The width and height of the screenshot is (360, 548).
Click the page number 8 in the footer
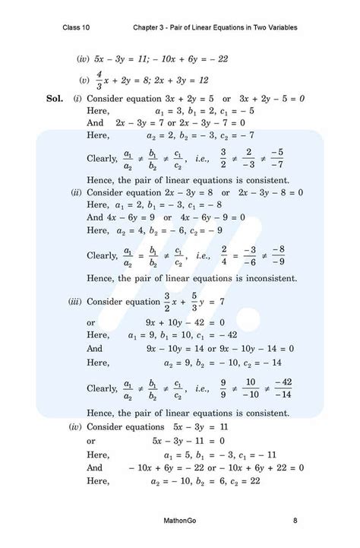pos(295,521)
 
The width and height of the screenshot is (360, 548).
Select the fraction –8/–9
pos(278,255)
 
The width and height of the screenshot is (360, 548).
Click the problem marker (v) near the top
pos(84,79)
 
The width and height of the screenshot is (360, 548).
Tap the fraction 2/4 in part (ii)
pos(224,255)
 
